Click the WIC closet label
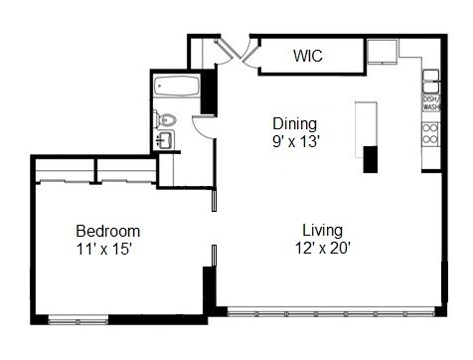[x=309, y=56]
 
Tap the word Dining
[x=295, y=124]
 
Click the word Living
[x=323, y=231]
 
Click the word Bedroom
[x=108, y=231]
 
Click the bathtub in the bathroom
[x=177, y=87]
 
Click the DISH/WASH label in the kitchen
[x=431, y=103]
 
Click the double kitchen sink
[x=431, y=78]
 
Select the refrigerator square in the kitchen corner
[x=382, y=52]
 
